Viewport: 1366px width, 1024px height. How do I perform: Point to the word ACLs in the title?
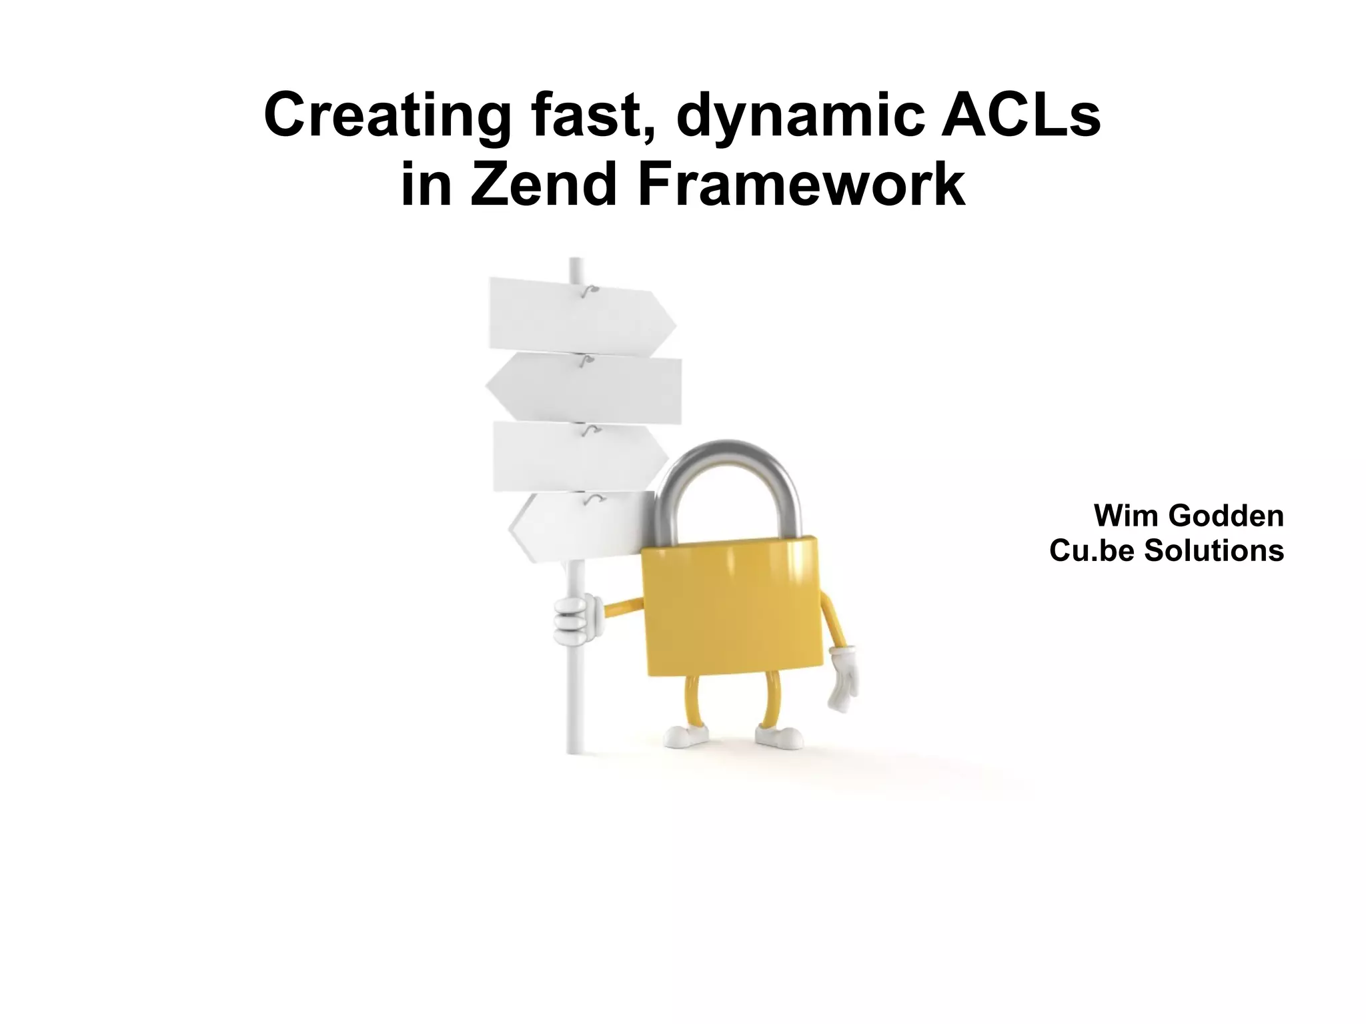1020,117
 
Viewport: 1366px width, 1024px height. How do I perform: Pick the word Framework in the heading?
801,186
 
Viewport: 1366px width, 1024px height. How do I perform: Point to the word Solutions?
1214,550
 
